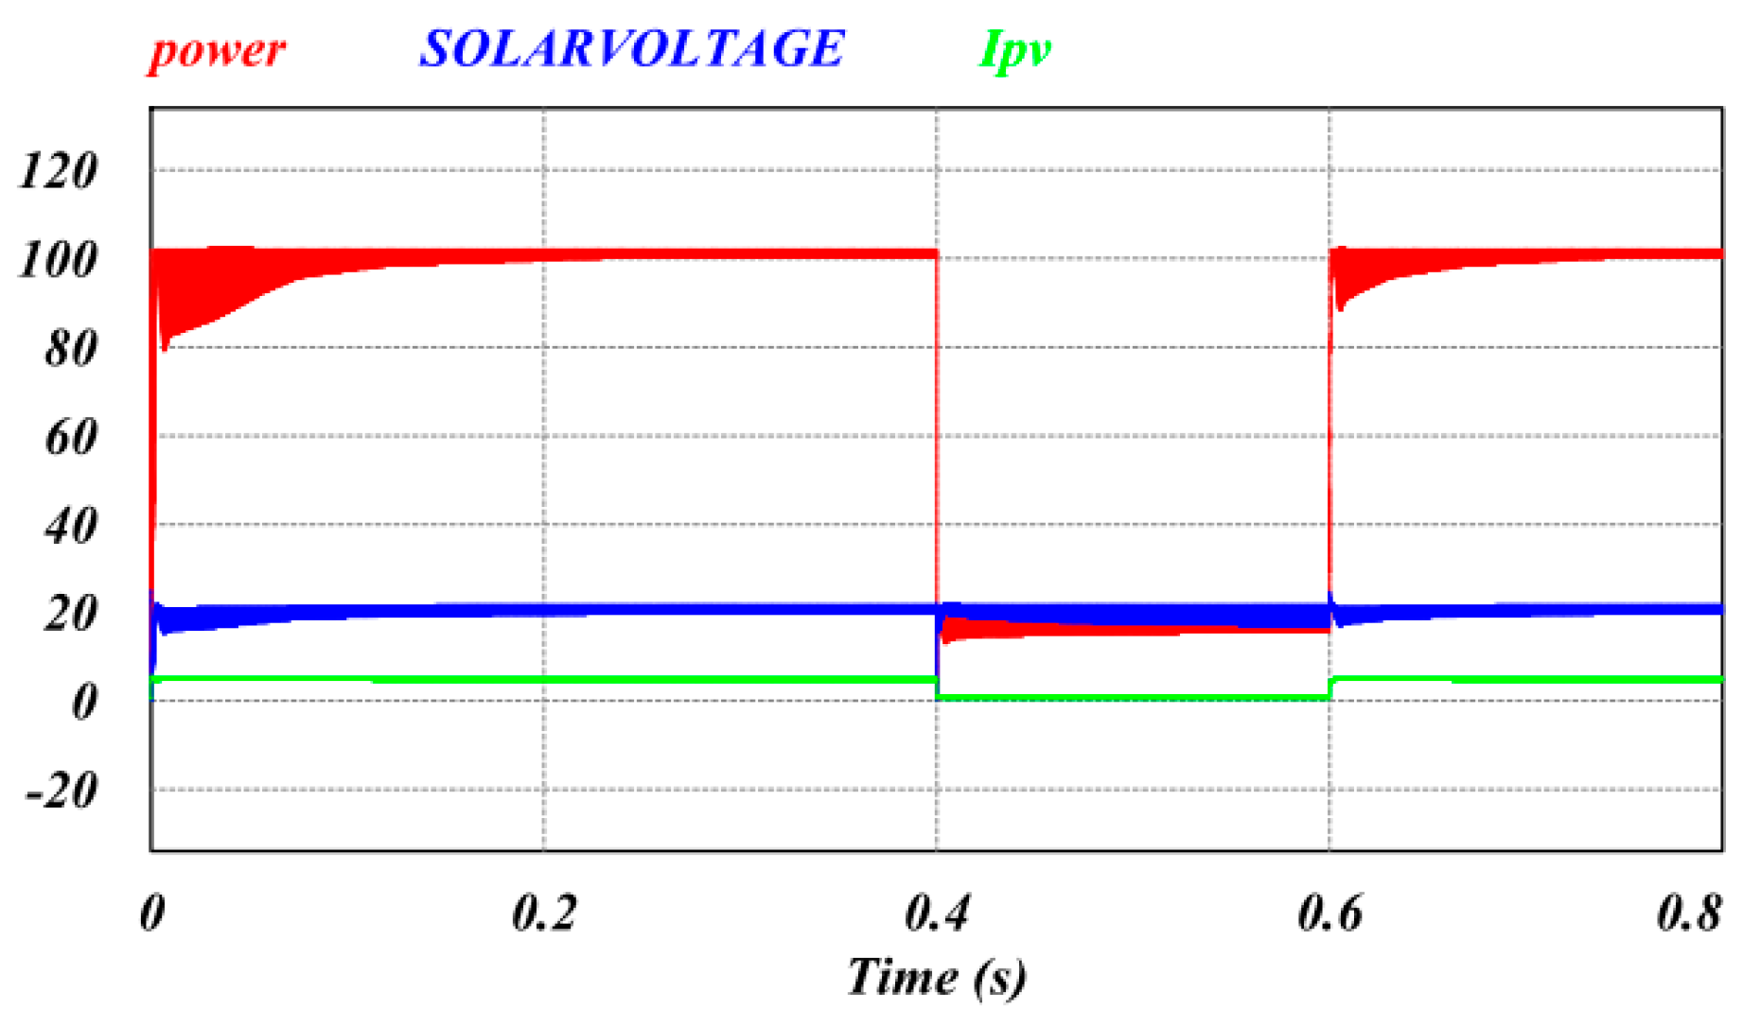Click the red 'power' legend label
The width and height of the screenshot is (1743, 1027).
click(x=217, y=49)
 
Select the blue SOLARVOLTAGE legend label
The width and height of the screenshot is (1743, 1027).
click(x=631, y=49)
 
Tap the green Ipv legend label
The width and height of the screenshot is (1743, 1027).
click(x=1014, y=49)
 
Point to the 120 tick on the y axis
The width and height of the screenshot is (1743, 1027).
click(x=59, y=172)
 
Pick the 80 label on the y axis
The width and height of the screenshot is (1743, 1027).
click(x=70, y=349)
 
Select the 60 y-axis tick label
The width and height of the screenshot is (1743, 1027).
click(x=70, y=438)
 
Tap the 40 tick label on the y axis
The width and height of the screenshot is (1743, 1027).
click(x=70, y=526)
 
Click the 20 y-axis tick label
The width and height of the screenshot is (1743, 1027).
click(x=70, y=615)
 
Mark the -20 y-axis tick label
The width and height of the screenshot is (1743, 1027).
click(x=62, y=791)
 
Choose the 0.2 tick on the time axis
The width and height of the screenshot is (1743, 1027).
click(x=544, y=914)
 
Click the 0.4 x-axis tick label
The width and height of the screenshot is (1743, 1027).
click(x=937, y=914)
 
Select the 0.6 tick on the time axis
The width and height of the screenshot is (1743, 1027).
click(x=1329, y=914)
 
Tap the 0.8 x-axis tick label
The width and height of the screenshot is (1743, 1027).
click(x=1689, y=914)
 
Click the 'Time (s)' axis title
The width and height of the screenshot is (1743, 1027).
click(x=936, y=976)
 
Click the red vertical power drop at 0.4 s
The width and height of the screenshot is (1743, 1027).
click(x=937, y=426)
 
